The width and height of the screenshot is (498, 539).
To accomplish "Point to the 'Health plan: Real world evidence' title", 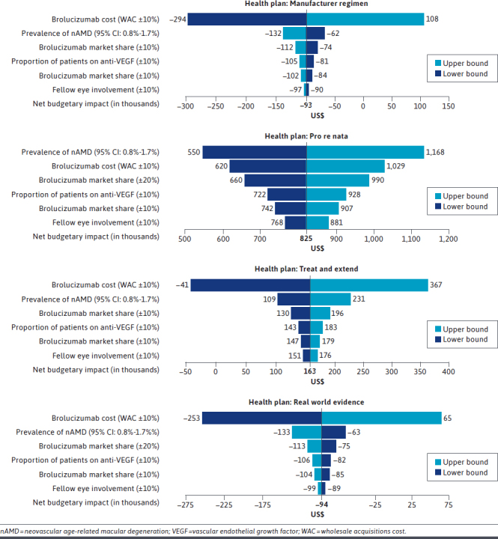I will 306,402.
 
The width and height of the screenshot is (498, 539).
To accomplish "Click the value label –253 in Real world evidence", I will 192,418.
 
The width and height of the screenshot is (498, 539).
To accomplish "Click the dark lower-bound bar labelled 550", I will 255,151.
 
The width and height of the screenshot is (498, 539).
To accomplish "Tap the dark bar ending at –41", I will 250,284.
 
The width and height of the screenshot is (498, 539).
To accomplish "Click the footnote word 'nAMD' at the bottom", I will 11,531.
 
